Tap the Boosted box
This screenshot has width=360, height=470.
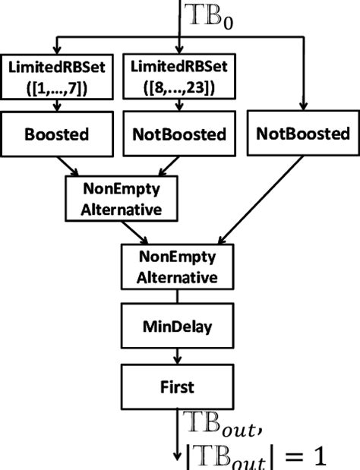tap(58, 134)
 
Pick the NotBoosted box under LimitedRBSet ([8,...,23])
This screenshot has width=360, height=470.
tap(178, 134)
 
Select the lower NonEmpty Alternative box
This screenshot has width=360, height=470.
tap(176, 267)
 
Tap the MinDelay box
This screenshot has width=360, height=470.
tap(176, 327)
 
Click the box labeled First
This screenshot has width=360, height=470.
tap(176, 386)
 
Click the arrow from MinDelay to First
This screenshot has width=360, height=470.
tap(176, 355)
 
